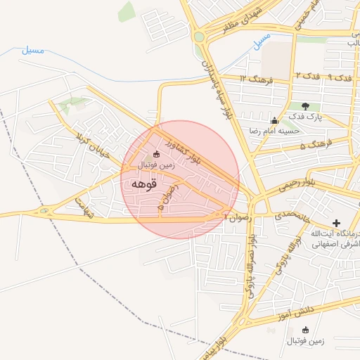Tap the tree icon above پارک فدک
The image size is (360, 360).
pyautogui.click(x=305, y=106)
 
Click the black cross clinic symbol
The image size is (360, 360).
pyautogui.click(x=337, y=223)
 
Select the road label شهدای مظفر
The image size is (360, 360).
pyautogui.click(x=236, y=20)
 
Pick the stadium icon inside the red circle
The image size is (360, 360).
pyautogui.click(x=156, y=155)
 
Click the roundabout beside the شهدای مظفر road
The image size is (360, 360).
pyautogui.click(x=199, y=37)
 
